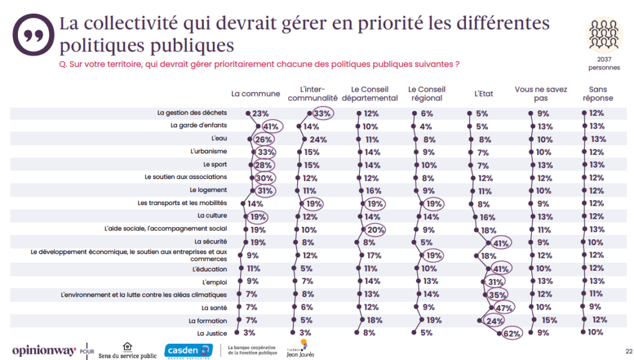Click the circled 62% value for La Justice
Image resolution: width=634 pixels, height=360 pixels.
tap(511, 333)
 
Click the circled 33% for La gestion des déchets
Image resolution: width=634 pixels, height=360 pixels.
tap(322, 113)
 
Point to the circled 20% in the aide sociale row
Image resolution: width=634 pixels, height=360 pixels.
tap(376, 230)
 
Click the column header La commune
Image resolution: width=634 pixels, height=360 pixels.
tap(256, 94)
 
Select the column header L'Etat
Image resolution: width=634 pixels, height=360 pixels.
tap(484, 94)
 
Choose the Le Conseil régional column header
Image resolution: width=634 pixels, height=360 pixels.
tap(427, 94)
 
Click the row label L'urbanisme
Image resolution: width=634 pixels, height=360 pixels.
tap(210, 152)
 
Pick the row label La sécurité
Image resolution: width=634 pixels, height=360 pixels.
tap(211, 242)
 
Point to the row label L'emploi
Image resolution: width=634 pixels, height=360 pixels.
tap(214, 281)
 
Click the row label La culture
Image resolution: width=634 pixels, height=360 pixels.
tap(212, 216)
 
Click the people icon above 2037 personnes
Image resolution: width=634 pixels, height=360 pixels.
tap(604, 34)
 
